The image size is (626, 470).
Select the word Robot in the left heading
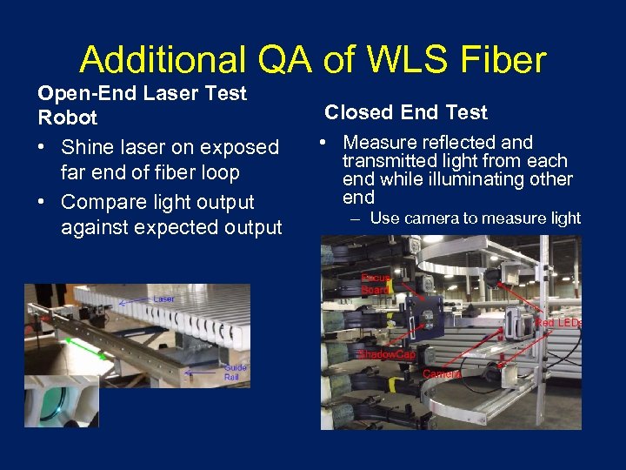(x=67, y=117)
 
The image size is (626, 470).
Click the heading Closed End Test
(x=406, y=112)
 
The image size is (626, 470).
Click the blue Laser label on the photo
(x=163, y=299)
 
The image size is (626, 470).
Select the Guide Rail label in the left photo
(x=235, y=373)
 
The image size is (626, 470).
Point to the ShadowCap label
(x=386, y=354)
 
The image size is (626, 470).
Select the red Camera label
(x=442, y=373)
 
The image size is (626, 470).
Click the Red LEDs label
(x=558, y=323)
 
